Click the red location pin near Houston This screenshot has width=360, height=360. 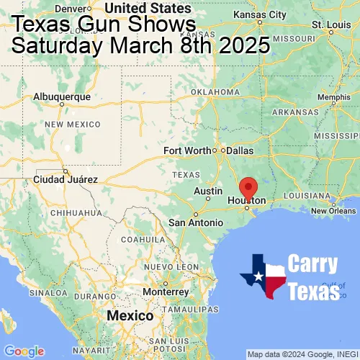tap(248, 187)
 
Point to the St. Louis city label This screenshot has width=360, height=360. tap(327, 24)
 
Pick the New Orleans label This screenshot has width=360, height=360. tap(333, 211)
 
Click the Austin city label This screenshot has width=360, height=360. tap(208, 191)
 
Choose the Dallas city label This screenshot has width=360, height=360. tap(240, 150)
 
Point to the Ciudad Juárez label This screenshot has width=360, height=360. tap(66, 179)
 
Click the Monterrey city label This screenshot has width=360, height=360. tap(166, 292)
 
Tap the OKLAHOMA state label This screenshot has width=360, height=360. tap(215, 92)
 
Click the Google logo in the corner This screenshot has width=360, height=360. tap(24, 351)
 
